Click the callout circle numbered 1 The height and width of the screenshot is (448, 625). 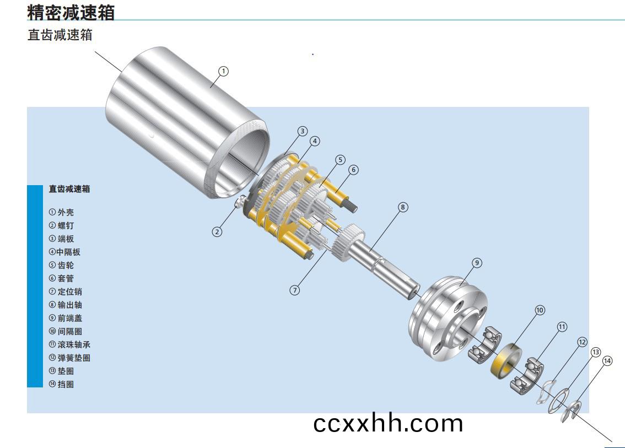tap(224, 71)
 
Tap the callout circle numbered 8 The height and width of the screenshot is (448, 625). tap(403, 207)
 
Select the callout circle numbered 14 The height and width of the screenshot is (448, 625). tap(607, 361)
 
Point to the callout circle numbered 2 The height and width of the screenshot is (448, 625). tap(217, 232)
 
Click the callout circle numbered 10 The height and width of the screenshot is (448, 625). tap(540, 310)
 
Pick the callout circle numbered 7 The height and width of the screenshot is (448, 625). tap(294, 290)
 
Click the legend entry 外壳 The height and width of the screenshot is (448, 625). tap(61, 212)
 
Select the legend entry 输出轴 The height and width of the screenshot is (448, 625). tap(66, 305)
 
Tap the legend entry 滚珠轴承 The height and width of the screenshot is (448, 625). tap(70, 344)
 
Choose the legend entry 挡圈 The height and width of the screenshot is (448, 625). tap(61, 384)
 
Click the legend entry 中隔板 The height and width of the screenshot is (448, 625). tap(64, 252)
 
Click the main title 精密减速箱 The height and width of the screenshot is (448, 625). tap(71, 12)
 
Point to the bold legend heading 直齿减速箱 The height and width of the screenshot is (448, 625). tap(69, 189)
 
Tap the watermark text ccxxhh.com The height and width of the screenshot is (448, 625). tap(388, 423)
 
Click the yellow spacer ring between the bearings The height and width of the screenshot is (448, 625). tap(506, 361)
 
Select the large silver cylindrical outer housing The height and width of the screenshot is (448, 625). tap(187, 123)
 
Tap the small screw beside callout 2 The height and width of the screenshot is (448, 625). tap(241, 202)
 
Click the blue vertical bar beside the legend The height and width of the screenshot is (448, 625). tap(35, 286)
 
